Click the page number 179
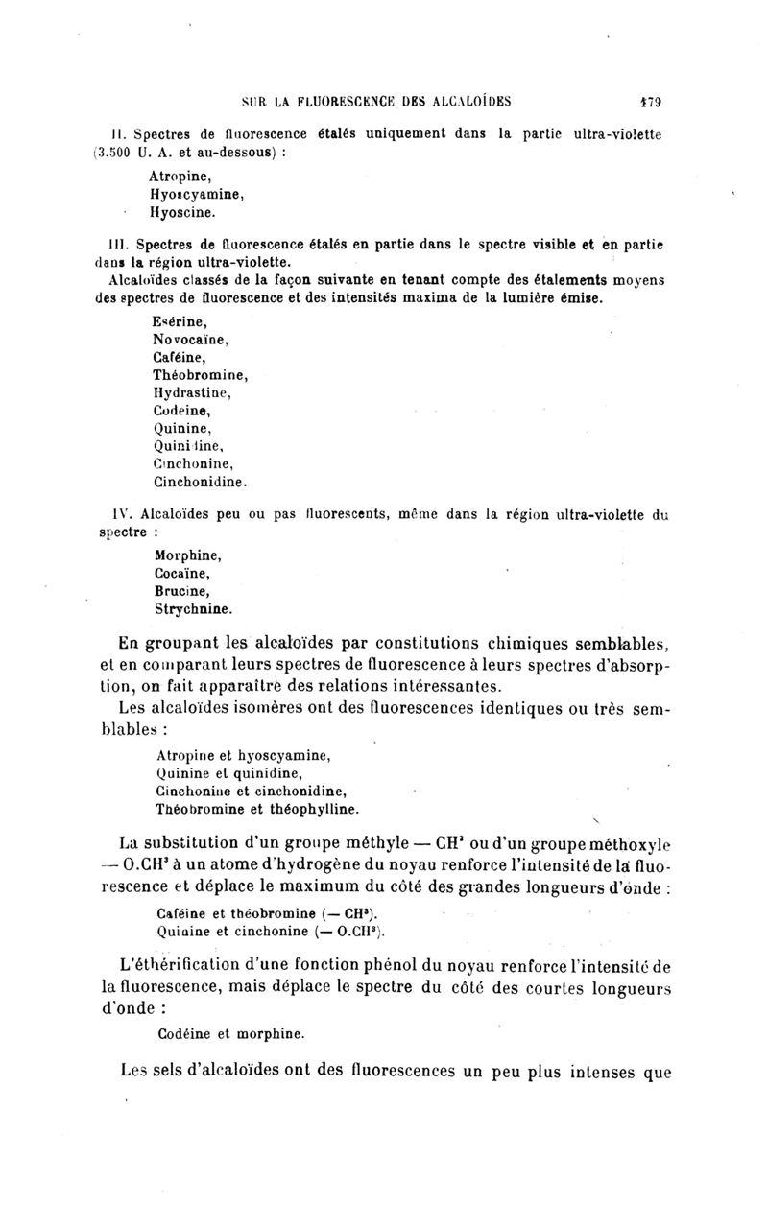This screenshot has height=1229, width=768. pyautogui.click(x=656, y=98)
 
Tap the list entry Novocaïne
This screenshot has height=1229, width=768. pyautogui.click(x=189, y=339)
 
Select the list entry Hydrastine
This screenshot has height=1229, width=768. pyautogui.click(x=192, y=391)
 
